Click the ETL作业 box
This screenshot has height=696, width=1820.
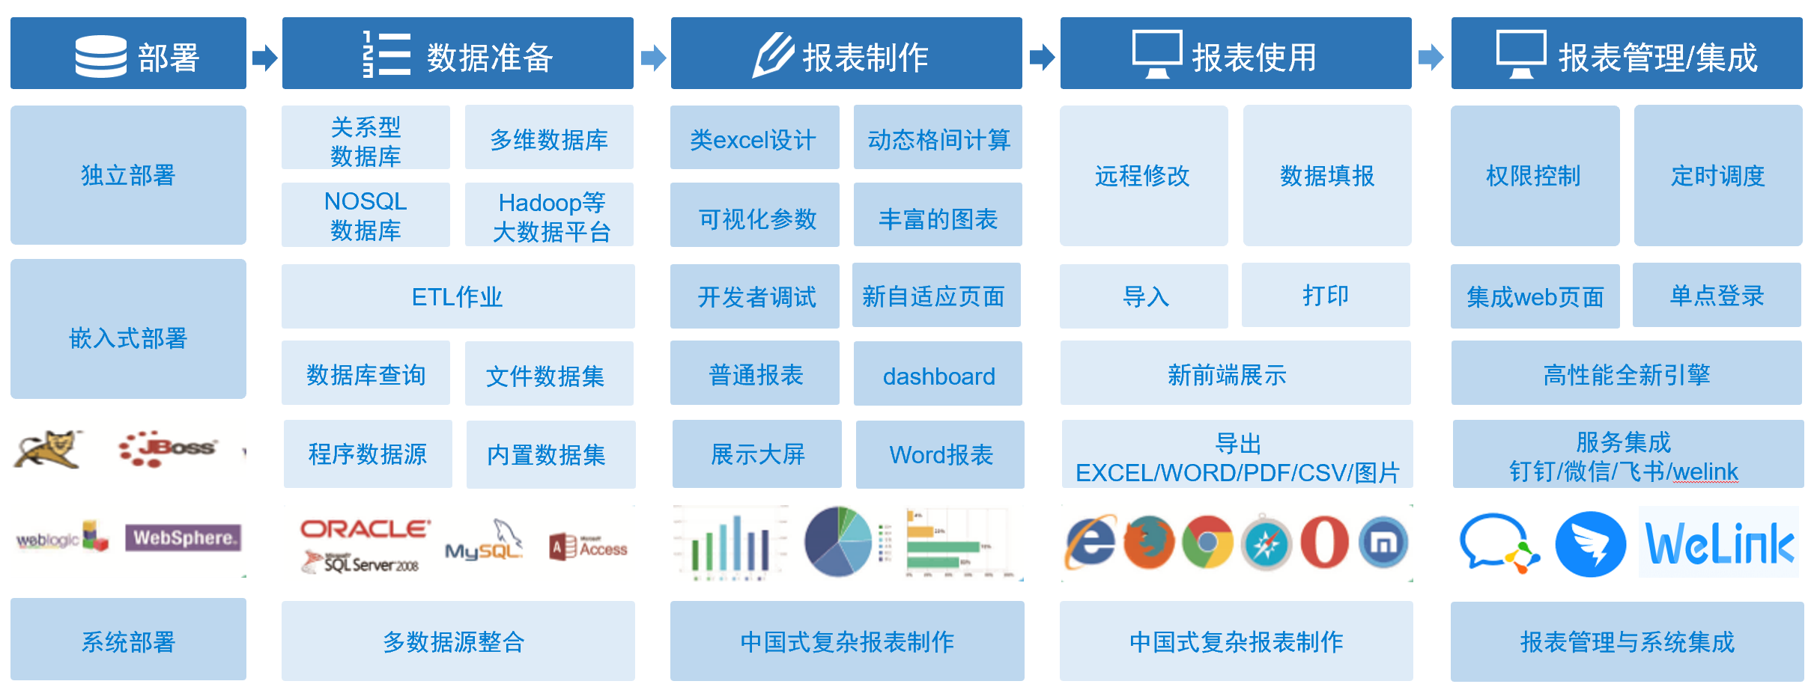tap(458, 296)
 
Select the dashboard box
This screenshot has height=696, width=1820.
tap(938, 374)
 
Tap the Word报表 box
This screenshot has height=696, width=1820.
tap(940, 454)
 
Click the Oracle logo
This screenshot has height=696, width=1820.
tap(365, 529)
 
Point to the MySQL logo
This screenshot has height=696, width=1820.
tap(484, 543)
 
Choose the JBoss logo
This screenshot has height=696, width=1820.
tap(168, 448)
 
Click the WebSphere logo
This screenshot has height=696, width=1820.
tap(183, 537)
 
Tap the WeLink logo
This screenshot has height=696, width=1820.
tap(1718, 543)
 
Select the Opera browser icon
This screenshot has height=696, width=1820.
tap(1324, 542)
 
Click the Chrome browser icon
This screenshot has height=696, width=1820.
tap(1207, 542)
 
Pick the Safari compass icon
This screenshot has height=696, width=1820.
tap(1266, 543)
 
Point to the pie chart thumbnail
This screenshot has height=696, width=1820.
tap(838, 541)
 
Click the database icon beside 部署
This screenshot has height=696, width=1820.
tap(101, 56)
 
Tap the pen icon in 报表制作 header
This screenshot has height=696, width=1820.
tap(773, 55)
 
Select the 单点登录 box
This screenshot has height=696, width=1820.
tap(1717, 296)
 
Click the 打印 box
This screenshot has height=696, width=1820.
tap(1326, 296)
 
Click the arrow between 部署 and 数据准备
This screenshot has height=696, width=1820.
tap(264, 57)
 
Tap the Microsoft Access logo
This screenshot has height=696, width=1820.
tap(588, 547)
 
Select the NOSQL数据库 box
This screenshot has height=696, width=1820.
tap(365, 215)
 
